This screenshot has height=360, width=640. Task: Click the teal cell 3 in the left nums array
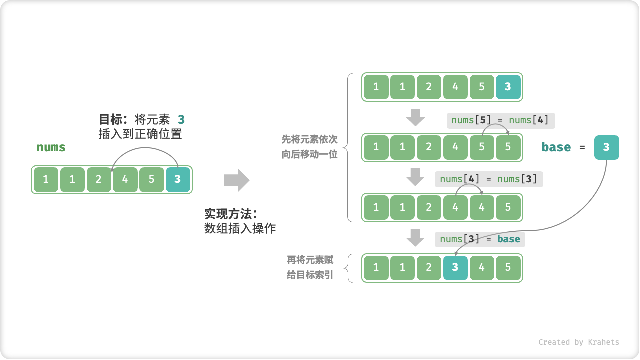click(178, 179)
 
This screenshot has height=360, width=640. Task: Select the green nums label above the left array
click(51, 147)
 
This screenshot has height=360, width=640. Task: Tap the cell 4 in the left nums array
click(125, 179)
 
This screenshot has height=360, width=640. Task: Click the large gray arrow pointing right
click(236, 180)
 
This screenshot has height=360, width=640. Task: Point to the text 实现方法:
click(230, 214)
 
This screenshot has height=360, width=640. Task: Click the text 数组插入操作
click(240, 229)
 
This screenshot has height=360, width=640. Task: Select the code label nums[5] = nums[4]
click(501, 120)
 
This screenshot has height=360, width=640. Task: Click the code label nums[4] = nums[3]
click(489, 179)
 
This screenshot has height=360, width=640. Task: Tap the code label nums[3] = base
click(480, 239)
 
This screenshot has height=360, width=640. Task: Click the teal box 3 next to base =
click(606, 147)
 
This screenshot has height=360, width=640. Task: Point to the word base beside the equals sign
click(556, 147)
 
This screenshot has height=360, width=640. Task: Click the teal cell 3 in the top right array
click(508, 87)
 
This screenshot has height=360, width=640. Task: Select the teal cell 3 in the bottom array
click(455, 268)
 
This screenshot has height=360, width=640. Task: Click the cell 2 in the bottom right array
click(429, 268)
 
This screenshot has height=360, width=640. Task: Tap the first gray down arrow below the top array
click(415, 118)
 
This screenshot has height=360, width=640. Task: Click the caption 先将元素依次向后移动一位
click(309, 147)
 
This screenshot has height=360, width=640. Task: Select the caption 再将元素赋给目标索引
click(310, 268)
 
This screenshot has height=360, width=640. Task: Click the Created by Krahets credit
click(578, 342)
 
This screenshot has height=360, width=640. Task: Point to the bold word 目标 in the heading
click(111, 120)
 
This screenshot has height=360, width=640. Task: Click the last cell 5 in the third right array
click(508, 207)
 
